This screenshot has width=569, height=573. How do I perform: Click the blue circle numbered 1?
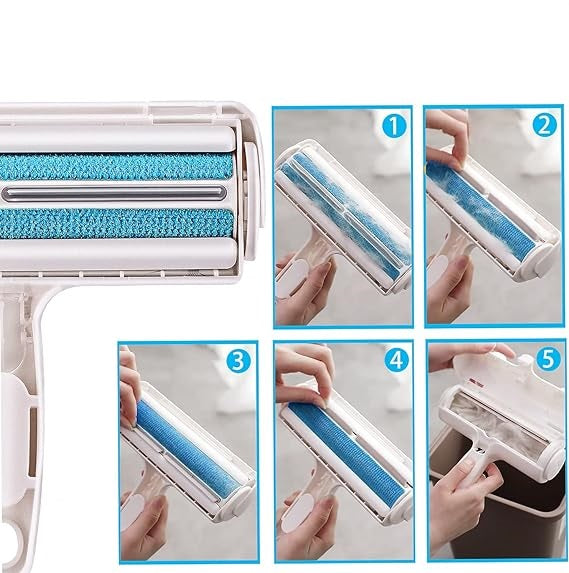point(394,126)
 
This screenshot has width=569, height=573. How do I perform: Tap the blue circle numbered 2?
point(545,125)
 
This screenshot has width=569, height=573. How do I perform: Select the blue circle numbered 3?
point(238,361)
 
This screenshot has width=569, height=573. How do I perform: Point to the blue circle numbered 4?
point(397,360)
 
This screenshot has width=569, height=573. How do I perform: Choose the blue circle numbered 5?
point(548,358)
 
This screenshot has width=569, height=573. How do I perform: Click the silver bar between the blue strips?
point(113,193)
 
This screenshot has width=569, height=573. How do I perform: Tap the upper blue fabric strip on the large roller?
point(116,167)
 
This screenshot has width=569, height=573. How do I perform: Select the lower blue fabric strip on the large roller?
point(116,224)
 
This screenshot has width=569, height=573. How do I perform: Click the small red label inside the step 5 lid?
point(474,383)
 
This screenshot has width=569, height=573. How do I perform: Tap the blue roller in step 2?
point(479,210)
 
